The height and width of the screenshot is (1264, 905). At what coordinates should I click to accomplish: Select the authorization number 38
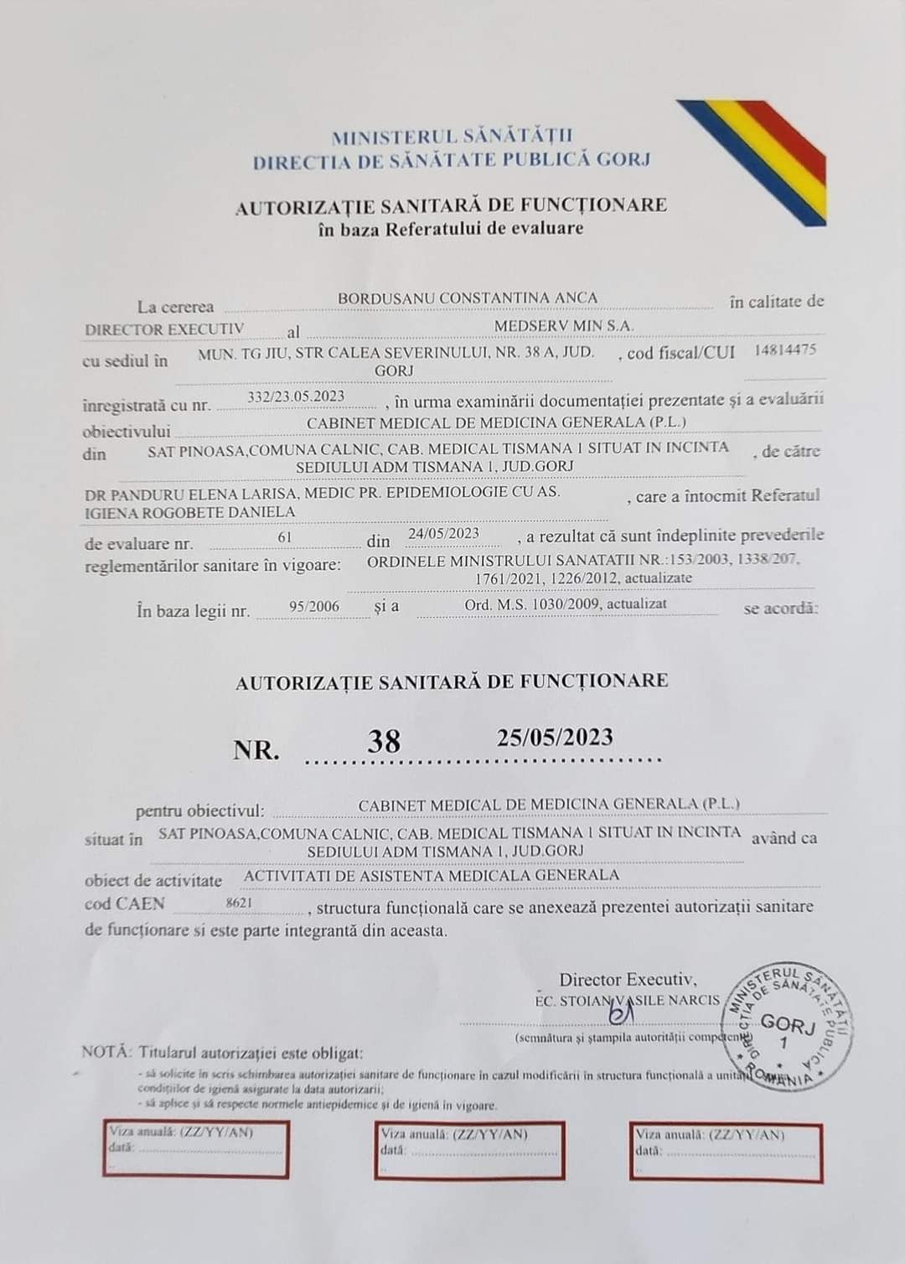click(384, 742)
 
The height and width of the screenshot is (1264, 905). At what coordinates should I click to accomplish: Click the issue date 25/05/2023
click(555, 738)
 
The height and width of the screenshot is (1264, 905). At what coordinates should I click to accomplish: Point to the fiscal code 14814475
click(785, 350)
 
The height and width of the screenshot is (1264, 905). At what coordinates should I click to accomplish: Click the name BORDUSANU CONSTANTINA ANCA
click(468, 298)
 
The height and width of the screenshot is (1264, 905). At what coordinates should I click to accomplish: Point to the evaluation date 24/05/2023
click(442, 533)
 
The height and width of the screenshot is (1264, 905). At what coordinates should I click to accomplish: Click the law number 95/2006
click(314, 606)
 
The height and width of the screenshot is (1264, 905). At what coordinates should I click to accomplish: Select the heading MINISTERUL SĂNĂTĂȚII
click(452, 137)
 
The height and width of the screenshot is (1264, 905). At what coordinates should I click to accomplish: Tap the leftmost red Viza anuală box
click(196, 1150)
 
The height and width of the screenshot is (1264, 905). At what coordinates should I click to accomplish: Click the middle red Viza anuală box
click(469, 1150)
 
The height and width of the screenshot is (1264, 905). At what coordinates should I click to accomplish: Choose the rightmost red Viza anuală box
click(727, 1150)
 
